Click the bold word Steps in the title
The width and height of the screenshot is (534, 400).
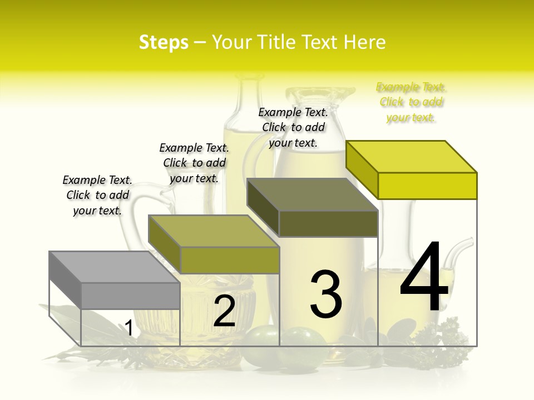pyautogui.click(x=164, y=42)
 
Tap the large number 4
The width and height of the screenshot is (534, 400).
pyautogui.click(x=424, y=278)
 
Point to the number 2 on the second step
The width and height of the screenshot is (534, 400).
pyautogui.click(x=224, y=311)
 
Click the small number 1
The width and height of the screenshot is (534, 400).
pyautogui.click(x=128, y=328)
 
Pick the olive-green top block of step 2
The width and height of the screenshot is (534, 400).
pyautogui.click(x=214, y=244)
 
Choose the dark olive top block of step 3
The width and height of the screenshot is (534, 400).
pyautogui.click(x=313, y=208)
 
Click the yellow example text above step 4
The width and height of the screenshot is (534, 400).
pyautogui.click(x=411, y=102)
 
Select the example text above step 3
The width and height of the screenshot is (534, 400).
pyautogui.click(x=293, y=127)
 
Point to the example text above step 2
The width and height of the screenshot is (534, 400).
pyautogui.click(x=194, y=163)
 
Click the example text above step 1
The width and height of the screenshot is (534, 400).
pyautogui.click(x=97, y=195)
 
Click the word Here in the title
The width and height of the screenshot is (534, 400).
pyautogui.click(x=365, y=42)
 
